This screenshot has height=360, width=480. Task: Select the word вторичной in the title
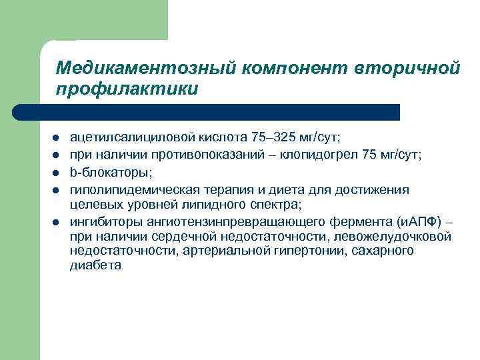click(413, 68)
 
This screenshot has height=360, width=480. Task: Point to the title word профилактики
click(127, 88)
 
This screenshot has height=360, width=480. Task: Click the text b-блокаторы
click(111, 173)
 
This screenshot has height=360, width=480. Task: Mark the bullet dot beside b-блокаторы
click(57, 173)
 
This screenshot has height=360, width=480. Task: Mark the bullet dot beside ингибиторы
click(57, 221)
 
